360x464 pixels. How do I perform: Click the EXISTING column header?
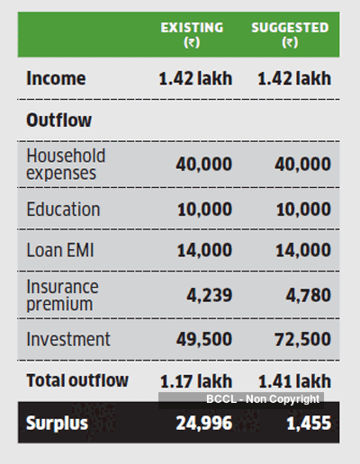tap(192, 34)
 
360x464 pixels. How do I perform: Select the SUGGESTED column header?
tap(290, 34)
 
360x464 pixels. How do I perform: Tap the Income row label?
tap(56, 78)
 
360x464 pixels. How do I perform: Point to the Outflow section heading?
tap(58, 120)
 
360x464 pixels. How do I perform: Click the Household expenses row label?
tap(66, 165)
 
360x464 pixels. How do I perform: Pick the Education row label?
tap(63, 209)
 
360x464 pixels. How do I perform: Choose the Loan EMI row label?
tap(60, 250)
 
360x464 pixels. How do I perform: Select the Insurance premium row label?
tap(62, 296)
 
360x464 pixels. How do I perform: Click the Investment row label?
tap(68, 339)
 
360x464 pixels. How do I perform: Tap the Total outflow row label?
tap(77, 380)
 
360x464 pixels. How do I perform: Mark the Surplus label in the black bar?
tap(57, 423)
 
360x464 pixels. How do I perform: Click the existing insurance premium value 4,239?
tap(210, 295)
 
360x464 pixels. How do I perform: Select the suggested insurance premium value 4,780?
tap(308, 295)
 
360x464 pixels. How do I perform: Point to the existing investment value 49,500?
tap(204, 339)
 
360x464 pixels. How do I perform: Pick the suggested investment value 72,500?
tap(302, 339)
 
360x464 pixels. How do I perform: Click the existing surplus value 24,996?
tap(204, 424)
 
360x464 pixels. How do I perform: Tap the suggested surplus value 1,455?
tap(309, 424)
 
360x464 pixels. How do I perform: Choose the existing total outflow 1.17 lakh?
tap(196, 381)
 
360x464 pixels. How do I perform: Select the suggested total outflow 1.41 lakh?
tap(294, 381)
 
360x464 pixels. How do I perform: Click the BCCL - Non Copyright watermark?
tap(263, 399)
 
